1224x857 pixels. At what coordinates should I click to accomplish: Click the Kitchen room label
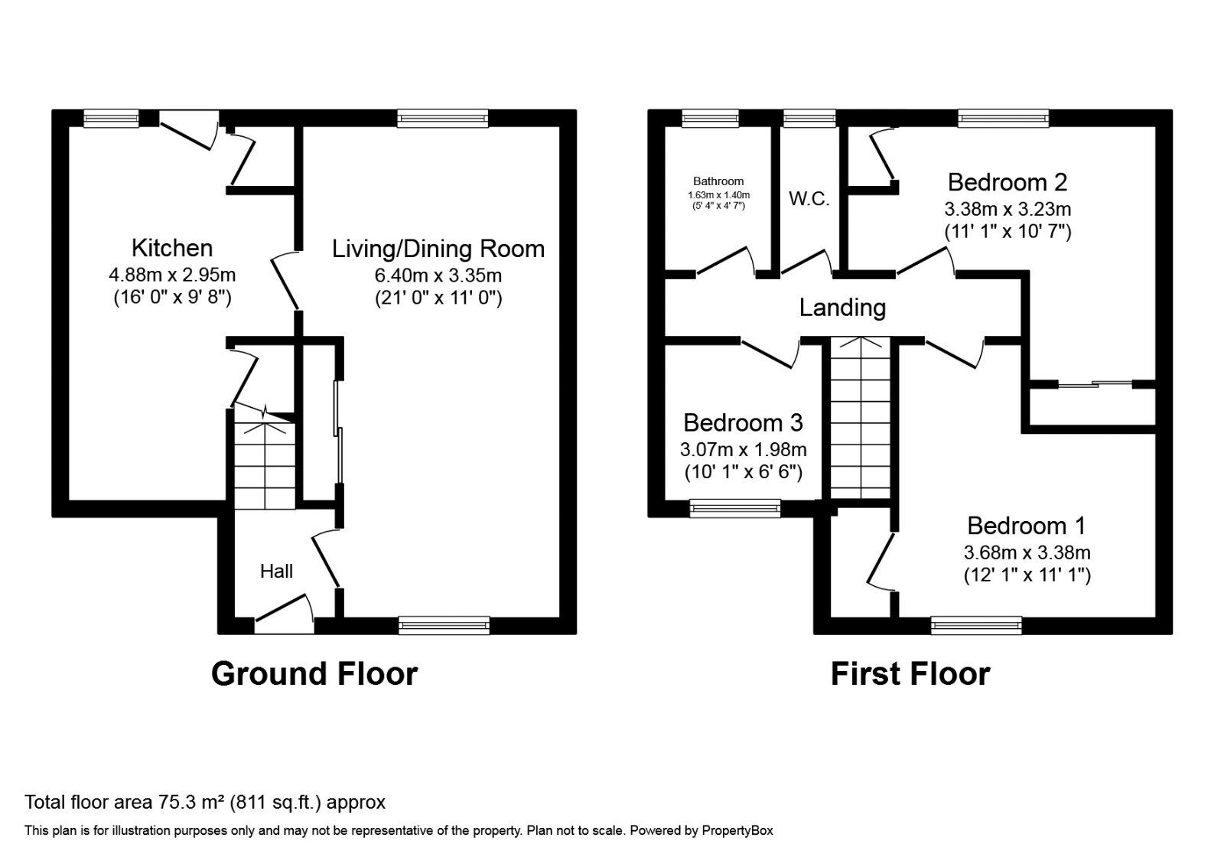point(172,248)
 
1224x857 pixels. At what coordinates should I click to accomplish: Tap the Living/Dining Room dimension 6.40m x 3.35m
point(438,275)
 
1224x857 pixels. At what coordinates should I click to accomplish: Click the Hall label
point(276,571)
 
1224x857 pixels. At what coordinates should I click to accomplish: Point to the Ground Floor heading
point(314,674)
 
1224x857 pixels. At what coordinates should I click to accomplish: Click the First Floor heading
point(910,674)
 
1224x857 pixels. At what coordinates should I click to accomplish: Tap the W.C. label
point(809,199)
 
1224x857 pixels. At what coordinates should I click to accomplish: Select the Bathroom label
point(718,181)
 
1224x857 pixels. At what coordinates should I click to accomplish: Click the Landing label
point(842,308)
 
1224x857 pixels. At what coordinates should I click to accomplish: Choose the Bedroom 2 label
point(1007,182)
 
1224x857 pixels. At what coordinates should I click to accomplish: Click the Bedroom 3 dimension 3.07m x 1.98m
point(743,449)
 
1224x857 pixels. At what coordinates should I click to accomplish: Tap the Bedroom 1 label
point(1026,526)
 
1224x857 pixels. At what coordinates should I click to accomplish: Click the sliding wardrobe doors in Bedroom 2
point(1094,383)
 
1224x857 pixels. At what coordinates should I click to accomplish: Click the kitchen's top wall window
point(112,118)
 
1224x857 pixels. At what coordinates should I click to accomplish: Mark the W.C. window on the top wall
point(809,118)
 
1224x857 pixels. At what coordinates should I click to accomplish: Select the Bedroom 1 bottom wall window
point(976,626)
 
